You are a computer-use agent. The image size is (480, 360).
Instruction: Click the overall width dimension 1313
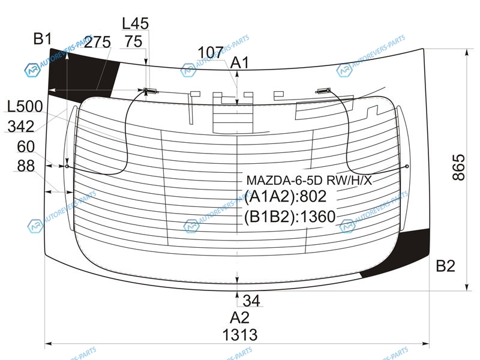(239, 335)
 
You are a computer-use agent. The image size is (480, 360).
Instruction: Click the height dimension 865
(458, 167)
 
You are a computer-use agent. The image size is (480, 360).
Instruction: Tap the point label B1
(43, 39)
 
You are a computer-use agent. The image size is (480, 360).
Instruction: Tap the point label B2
(445, 266)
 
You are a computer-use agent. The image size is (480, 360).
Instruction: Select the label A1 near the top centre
(239, 63)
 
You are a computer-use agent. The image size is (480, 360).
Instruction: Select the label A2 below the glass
(239, 317)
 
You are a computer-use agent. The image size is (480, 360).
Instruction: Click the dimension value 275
(97, 42)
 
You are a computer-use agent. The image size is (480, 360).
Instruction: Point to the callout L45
(136, 23)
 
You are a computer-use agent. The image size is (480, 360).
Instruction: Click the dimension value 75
(134, 41)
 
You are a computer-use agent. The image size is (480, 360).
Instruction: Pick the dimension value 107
(211, 52)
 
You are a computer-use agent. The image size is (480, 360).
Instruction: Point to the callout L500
(25, 107)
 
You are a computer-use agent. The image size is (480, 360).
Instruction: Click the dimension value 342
(21, 126)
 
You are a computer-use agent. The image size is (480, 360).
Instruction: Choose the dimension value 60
(26, 146)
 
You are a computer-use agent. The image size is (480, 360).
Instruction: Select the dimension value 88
(26, 166)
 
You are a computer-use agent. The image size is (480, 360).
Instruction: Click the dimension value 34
(251, 301)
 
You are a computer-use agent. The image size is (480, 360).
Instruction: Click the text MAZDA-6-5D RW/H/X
(309, 181)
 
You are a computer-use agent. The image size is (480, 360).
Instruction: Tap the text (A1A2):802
(286, 196)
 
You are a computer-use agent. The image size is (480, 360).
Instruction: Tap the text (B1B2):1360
(290, 217)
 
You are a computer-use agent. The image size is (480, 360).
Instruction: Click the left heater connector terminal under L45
(150, 91)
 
